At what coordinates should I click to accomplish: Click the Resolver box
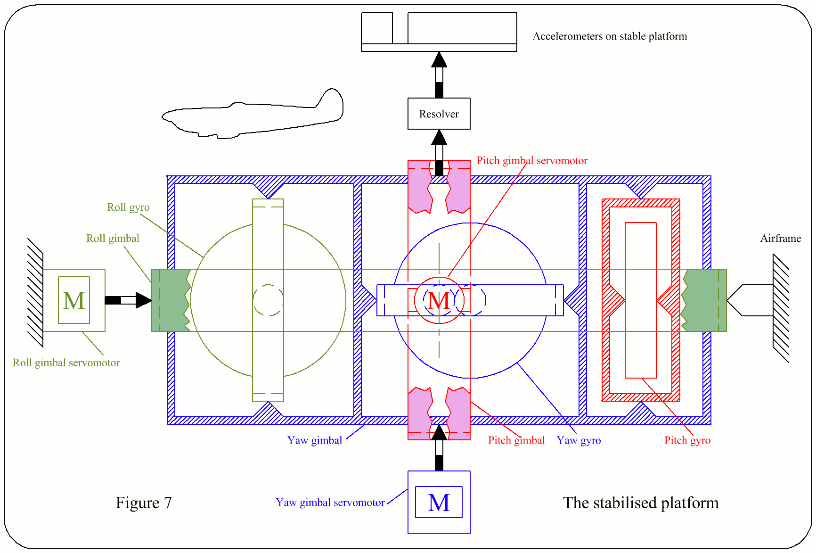(x=439, y=114)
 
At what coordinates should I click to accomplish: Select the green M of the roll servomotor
(x=74, y=300)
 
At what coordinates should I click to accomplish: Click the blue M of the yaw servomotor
(x=439, y=503)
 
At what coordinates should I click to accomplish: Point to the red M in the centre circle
(x=439, y=300)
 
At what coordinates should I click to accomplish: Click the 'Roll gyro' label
(x=128, y=207)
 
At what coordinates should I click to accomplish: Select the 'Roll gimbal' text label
(x=113, y=239)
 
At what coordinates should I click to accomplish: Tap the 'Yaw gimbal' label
(x=315, y=440)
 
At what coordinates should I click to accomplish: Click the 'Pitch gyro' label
(x=687, y=440)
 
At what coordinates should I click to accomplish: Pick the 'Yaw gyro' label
(x=579, y=440)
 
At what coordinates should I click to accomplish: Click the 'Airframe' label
(x=780, y=239)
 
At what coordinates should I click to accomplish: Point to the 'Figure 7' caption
(x=144, y=503)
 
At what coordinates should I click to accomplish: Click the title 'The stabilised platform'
(x=641, y=503)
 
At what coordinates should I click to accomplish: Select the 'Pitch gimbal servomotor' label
(x=532, y=161)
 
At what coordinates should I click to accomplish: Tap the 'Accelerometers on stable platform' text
(x=610, y=36)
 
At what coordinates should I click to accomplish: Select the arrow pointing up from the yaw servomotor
(x=439, y=448)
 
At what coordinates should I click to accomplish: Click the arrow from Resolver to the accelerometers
(x=439, y=75)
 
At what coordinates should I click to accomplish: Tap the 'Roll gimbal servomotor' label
(x=66, y=363)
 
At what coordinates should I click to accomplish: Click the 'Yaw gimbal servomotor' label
(x=330, y=503)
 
